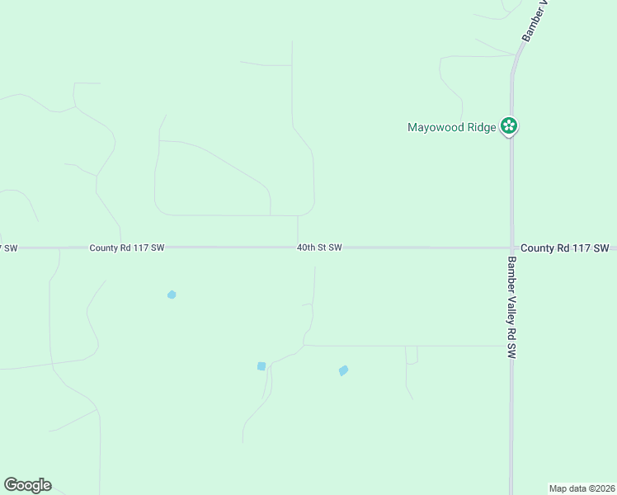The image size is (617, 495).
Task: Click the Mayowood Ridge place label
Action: [452, 127]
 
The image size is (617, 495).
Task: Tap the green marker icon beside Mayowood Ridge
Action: [511, 126]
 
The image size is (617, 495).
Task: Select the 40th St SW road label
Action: [319, 247]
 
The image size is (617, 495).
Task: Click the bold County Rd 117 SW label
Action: [564, 247]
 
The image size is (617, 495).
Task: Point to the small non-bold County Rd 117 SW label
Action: [127, 247]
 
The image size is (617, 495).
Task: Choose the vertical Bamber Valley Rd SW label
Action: [511, 307]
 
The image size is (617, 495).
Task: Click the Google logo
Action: [27, 485]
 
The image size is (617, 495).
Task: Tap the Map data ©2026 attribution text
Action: [582, 488]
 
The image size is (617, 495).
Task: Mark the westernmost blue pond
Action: [172, 295]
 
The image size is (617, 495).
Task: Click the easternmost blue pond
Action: [343, 370]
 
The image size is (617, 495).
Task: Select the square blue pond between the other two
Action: [261, 366]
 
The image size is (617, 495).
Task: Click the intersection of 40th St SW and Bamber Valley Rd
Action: [511, 247]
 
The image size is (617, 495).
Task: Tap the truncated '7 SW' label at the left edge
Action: [8, 247]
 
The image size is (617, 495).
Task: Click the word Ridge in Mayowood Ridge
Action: [482, 127]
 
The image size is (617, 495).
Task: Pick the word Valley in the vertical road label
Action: [511, 309]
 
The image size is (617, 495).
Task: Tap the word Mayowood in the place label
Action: [436, 127]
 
